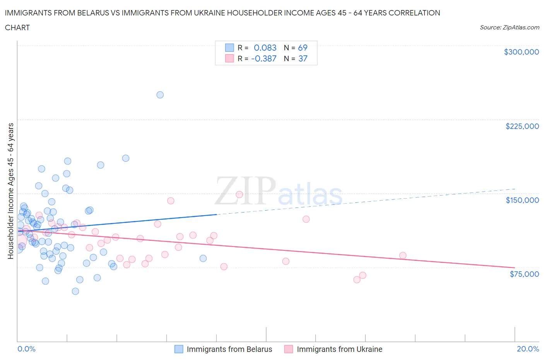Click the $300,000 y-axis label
[521, 52]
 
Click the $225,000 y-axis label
[522, 126]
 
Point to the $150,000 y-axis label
[522, 200]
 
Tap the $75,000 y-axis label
[524, 274]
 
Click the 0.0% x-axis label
[26, 349]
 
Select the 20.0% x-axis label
[528, 349]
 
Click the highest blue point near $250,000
[160, 95]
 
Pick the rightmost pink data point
[403, 255]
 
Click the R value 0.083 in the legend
[265, 48]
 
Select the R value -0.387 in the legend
[264, 58]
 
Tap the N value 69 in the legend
[303, 48]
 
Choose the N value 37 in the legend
[303, 58]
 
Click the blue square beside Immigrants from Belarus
[179, 349]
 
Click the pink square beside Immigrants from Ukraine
[289, 349]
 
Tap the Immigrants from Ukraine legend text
[339, 349]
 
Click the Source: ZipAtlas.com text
[509, 27]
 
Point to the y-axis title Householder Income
[11, 191]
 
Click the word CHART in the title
[17, 27]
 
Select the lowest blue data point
[75, 291]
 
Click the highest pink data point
[239, 195]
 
